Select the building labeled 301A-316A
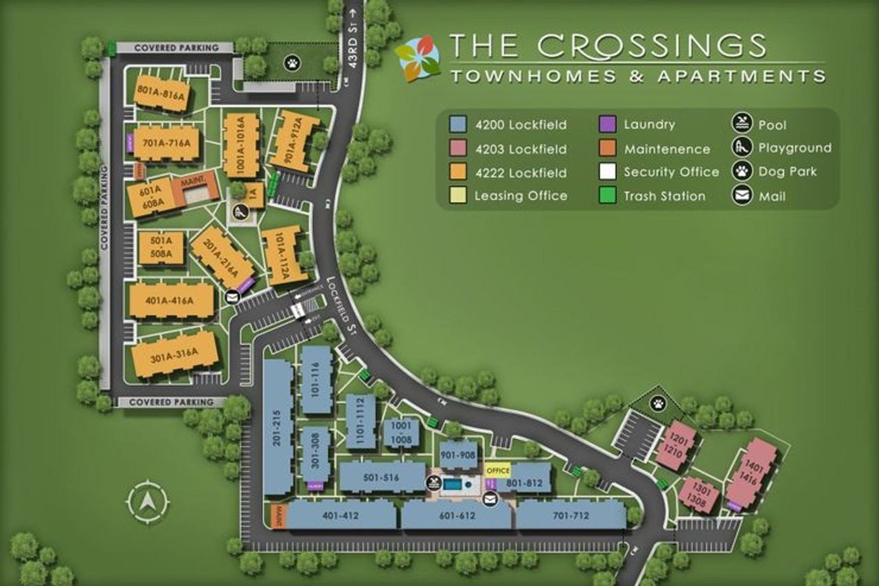tap(174, 354)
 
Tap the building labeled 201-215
tap(278, 427)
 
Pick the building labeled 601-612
tap(456, 516)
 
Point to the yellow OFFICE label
tap(497, 471)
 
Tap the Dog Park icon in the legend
tap(742, 172)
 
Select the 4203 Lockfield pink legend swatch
tap(459, 148)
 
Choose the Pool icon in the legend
tap(742, 125)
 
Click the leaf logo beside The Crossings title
tap(418, 59)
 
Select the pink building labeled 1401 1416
tap(753, 474)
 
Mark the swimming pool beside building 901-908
tap(453, 485)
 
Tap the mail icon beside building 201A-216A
tap(232, 297)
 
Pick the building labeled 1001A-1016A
tap(241, 146)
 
